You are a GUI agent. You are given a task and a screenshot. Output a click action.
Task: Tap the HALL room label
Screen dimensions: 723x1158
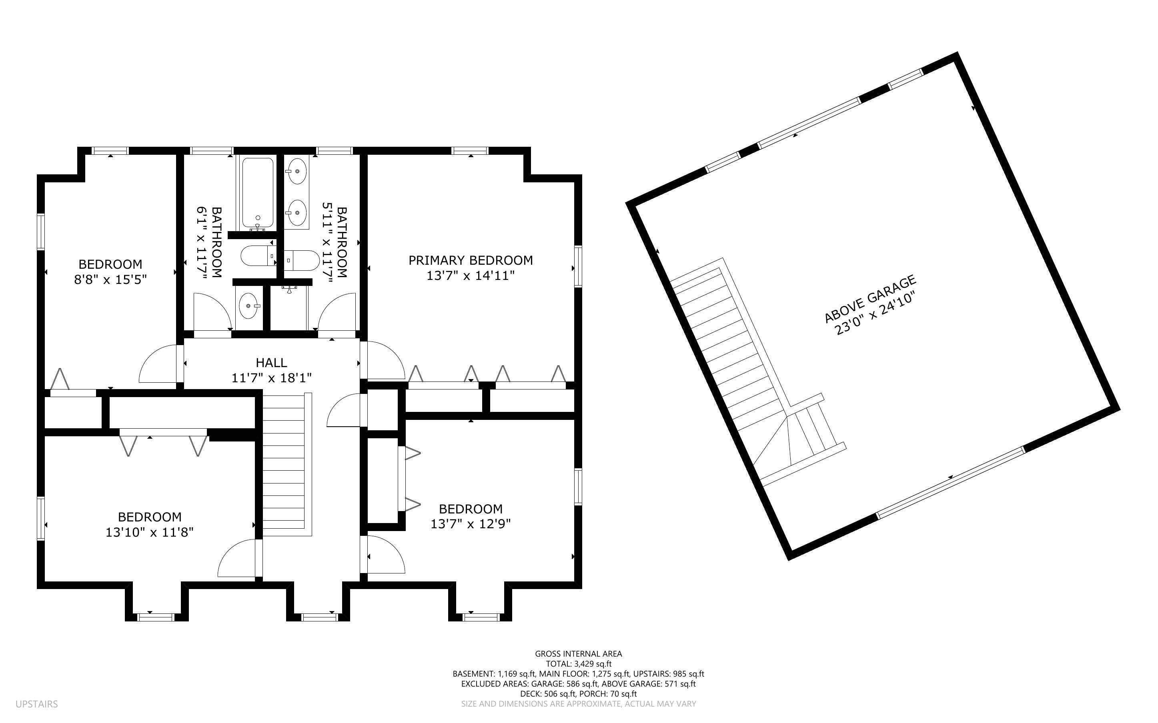271,362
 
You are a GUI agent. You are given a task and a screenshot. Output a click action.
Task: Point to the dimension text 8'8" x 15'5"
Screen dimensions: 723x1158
110,279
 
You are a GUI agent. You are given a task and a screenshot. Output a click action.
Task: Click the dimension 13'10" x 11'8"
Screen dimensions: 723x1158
149,532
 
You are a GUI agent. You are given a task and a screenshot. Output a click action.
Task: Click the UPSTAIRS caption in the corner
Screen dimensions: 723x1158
36,704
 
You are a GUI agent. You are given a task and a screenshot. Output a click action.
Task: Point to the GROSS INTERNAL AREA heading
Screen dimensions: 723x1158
578,654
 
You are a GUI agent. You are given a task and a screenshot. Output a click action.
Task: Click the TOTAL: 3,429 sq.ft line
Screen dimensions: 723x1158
578,664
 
